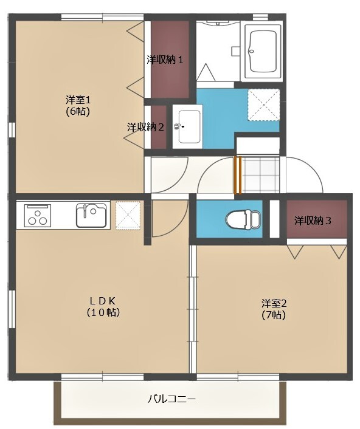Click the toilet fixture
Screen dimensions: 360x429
[243, 219]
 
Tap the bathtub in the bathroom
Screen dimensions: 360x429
[263, 52]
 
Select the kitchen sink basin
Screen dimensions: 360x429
[91, 215]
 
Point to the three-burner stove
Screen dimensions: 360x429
[38, 215]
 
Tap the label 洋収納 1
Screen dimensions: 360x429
[165, 60]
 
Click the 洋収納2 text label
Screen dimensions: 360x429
[145, 127]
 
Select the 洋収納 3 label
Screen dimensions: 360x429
[313, 221]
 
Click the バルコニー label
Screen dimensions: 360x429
[171, 399]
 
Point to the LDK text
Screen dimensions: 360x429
[103, 301]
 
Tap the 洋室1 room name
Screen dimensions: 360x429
[78, 100]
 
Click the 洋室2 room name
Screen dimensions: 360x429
[274, 303]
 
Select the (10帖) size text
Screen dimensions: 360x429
[103, 312]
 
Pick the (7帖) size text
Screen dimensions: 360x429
[274, 315]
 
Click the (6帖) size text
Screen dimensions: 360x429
[78, 112]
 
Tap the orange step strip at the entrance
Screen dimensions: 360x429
[237, 176]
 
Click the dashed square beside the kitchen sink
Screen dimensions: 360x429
[128, 215]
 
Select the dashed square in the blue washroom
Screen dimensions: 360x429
[264, 105]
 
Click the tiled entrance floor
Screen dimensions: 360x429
[261, 176]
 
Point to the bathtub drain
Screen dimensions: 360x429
[251, 51]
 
